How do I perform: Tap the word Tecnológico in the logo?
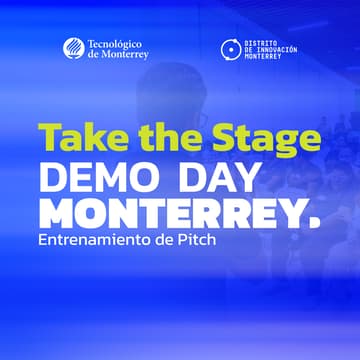pyautogui.click(x=115, y=44)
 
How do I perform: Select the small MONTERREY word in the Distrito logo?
pyautogui.click(x=264, y=57)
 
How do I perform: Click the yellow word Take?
pyautogui.click(x=76, y=138)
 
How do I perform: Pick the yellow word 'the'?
pyautogui.click(x=158, y=138)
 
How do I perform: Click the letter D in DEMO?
pyautogui.click(x=51, y=178)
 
